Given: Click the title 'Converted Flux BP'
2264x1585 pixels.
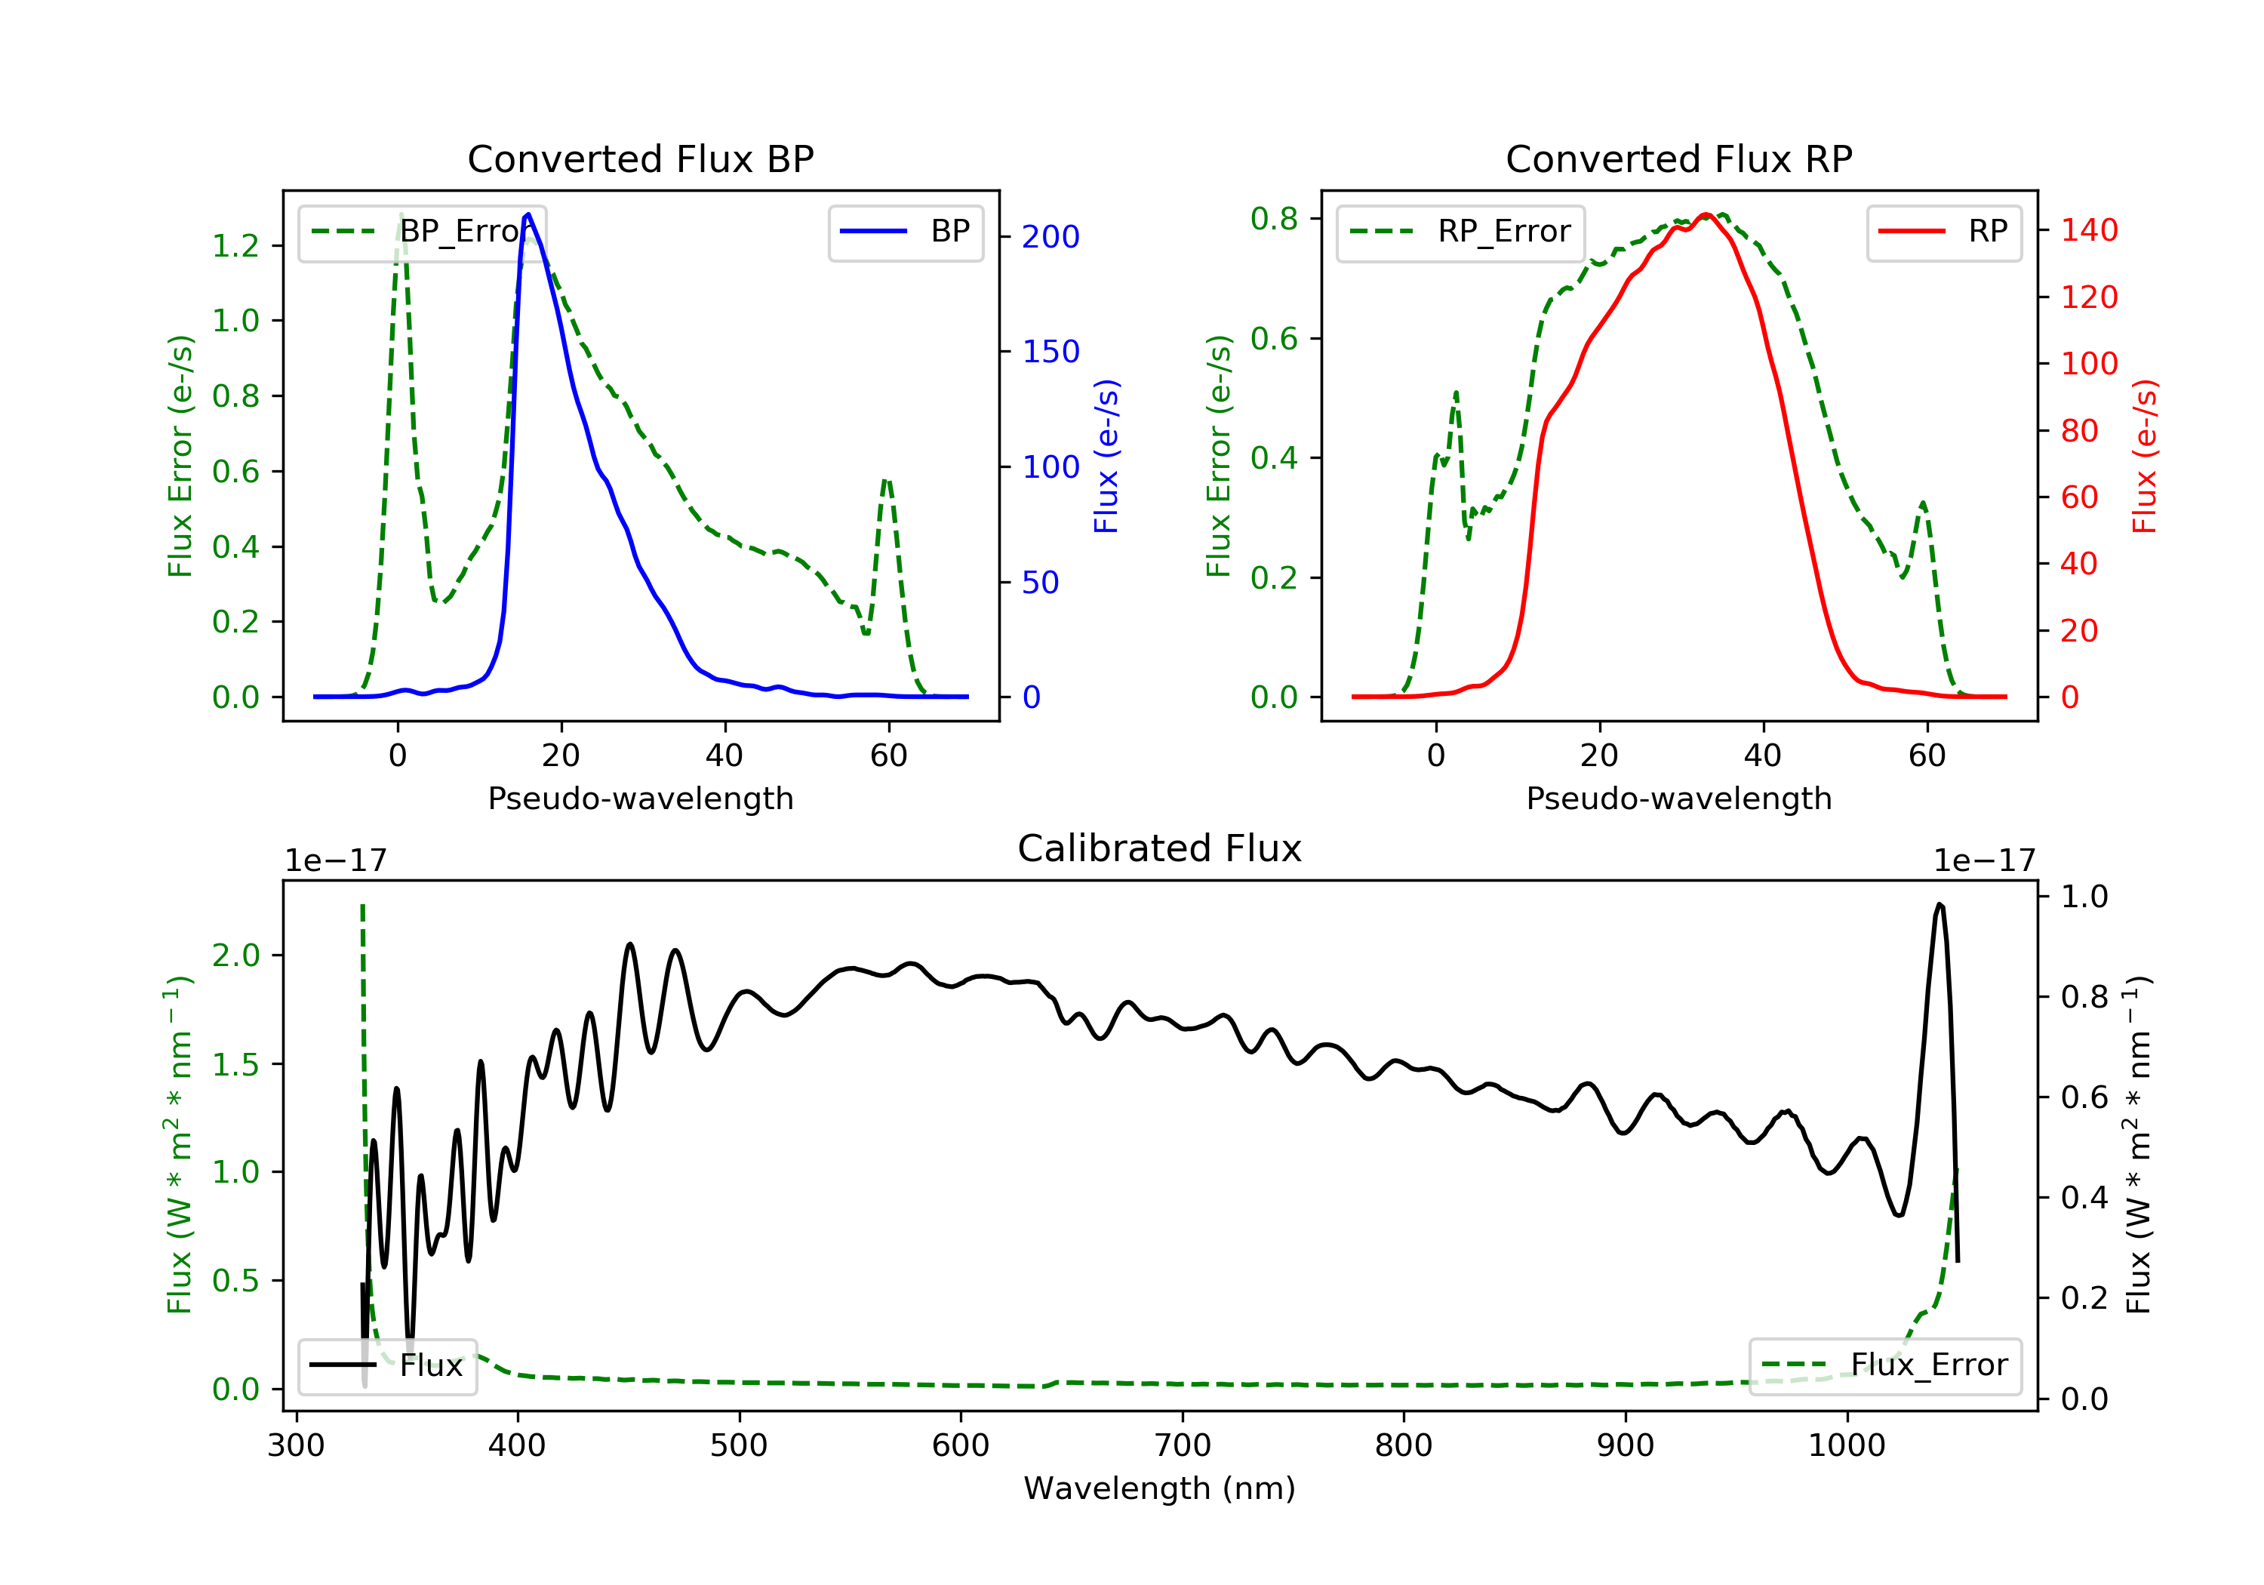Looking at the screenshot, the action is (x=641, y=158).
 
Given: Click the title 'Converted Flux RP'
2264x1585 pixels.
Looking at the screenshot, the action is (x=1679, y=158).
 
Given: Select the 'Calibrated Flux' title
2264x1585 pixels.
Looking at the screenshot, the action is (x=1160, y=848).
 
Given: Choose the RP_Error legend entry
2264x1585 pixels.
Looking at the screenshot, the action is (x=1460, y=232).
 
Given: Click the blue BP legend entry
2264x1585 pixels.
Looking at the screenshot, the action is (x=905, y=232).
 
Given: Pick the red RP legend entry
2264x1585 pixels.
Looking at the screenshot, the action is (x=1943, y=232).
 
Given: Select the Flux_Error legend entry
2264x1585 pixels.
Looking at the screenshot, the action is (x=1884, y=1365).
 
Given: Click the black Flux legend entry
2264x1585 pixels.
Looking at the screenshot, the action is (x=386, y=1366).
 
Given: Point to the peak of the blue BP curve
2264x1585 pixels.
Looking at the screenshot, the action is (x=528, y=214).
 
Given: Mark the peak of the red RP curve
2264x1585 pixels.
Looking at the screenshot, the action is (x=1706, y=215).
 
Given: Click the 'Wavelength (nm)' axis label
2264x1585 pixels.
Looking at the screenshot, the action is (x=1160, y=1488).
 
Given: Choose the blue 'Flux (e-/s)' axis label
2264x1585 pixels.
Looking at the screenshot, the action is (x=1106, y=457).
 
